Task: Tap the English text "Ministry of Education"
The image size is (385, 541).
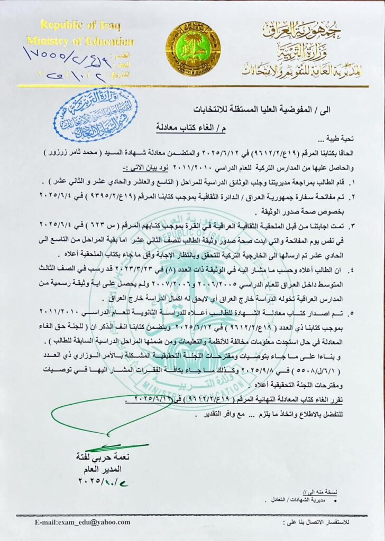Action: pyautogui.click(x=80, y=41)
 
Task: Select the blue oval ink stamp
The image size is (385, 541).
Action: pyautogui.click(x=95, y=115)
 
